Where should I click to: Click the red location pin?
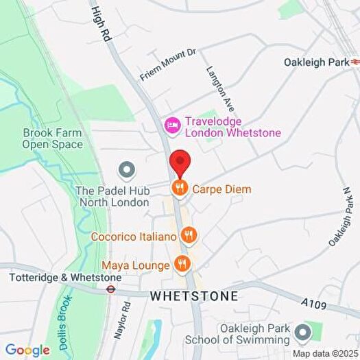[180, 163]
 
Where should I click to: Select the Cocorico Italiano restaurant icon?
[189, 237]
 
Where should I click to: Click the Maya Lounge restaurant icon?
[182, 264]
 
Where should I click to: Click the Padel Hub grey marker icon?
[126, 169]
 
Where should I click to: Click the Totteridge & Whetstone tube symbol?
[109, 289]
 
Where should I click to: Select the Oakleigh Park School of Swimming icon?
[302, 333]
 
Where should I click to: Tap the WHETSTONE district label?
[194, 296]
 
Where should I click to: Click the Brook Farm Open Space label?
[52, 139]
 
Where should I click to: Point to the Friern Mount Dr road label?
[168, 64]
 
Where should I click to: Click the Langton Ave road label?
[221, 88]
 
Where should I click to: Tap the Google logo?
[27, 350]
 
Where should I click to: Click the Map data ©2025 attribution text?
[325, 354]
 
